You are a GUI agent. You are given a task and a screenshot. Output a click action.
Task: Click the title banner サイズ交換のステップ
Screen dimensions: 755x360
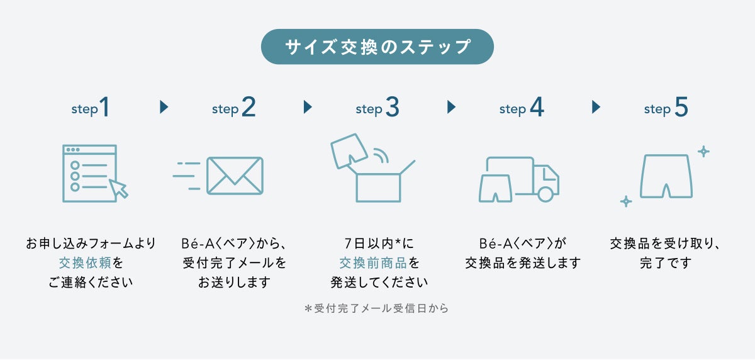coord(377,47)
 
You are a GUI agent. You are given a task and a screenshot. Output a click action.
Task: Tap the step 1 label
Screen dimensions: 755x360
coord(91,108)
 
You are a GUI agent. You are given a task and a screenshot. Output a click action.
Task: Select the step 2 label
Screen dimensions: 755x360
coord(234,108)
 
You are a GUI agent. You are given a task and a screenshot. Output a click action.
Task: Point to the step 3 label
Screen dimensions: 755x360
coord(377,108)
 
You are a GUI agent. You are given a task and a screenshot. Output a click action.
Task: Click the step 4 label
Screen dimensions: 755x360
coord(521,108)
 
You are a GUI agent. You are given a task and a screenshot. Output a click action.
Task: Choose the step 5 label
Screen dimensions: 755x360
coord(666,108)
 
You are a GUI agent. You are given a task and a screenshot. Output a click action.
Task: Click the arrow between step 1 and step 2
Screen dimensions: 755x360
coord(164,107)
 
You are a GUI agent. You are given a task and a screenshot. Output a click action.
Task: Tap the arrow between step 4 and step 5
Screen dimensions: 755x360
coord(596,107)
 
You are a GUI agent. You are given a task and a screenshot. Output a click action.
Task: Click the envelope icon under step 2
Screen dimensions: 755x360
coord(235,176)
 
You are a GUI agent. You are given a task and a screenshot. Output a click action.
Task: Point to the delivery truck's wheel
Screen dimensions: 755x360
coord(545,194)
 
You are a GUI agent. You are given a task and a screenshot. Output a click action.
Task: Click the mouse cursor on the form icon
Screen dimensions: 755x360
coord(118,188)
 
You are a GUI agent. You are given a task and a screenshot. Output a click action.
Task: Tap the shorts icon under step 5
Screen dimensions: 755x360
coord(666,177)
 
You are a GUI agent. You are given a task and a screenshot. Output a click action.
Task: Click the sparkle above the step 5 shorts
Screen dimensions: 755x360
coord(703,151)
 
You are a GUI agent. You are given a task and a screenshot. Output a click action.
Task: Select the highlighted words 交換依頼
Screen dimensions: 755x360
coord(85,262)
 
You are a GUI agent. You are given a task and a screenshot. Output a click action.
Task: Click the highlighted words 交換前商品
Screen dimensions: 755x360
coord(372,262)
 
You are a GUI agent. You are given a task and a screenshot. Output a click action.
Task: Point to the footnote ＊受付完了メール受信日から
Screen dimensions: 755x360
coord(376,309)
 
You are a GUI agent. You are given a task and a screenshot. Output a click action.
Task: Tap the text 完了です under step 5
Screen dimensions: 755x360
coord(666,262)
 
